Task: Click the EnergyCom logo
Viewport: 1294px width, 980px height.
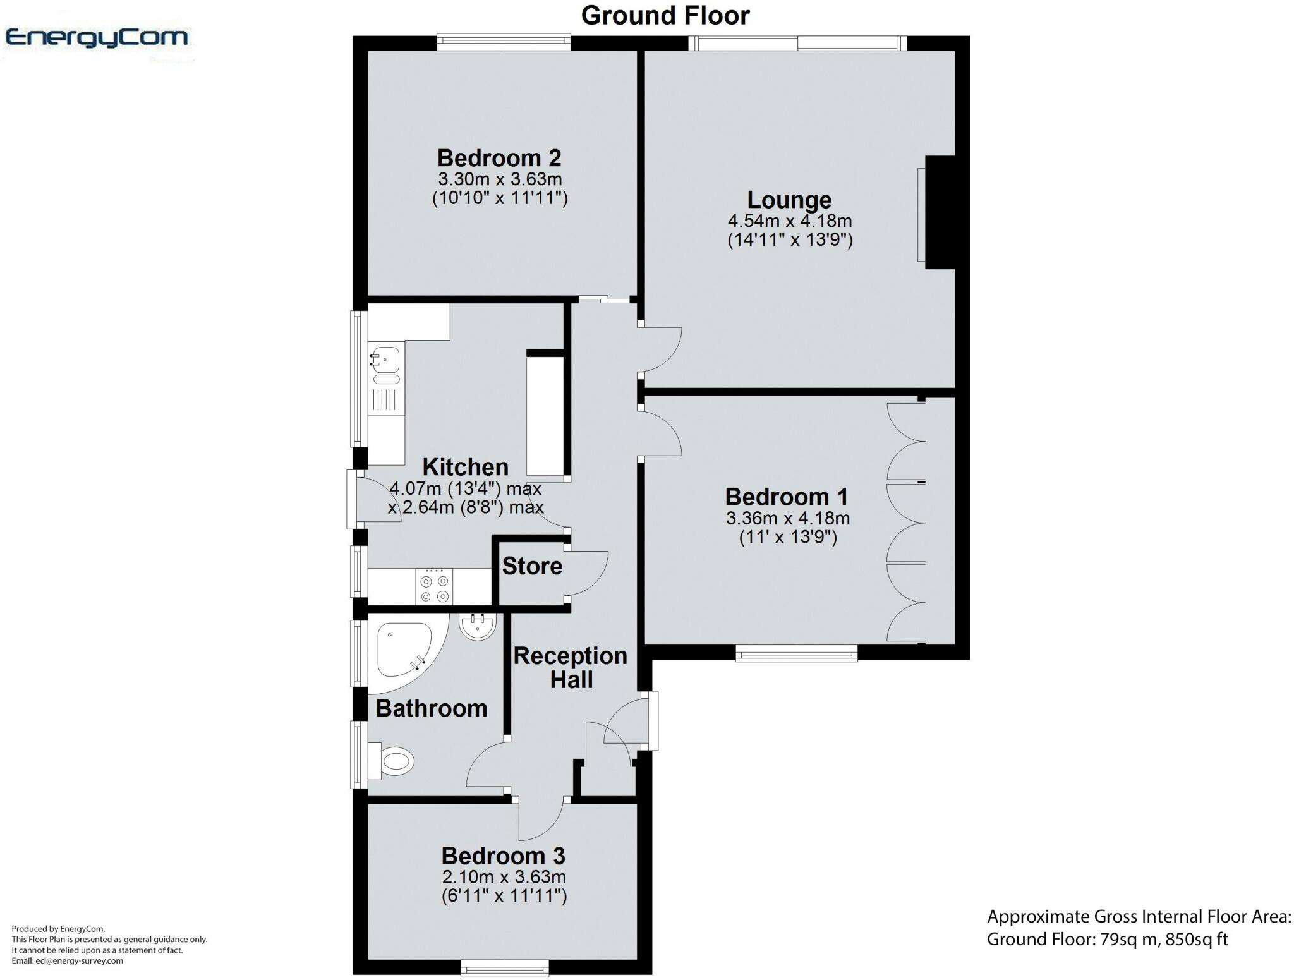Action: click(96, 38)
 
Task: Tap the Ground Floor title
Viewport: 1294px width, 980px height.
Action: click(665, 15)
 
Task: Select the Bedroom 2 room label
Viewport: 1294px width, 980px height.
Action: click(499, 157)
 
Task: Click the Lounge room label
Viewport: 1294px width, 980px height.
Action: click(789, 200)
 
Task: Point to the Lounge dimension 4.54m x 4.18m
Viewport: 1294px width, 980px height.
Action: click(790, 221)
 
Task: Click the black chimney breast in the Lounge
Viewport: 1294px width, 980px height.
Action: click(940, 212)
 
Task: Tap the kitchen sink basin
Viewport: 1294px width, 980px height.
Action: click(385, 360)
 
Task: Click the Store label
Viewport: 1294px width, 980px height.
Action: click(532, 566)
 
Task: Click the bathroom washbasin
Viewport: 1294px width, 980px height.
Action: click(478, 626)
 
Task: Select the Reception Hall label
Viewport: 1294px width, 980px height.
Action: click(571, 668)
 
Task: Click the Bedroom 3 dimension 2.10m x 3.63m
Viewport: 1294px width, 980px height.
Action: click(504, 877)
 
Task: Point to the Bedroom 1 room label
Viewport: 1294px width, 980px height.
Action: click(787, 497)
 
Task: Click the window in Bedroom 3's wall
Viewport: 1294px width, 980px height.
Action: click(505, 968)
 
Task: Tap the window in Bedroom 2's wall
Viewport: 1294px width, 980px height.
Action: click(504, 42)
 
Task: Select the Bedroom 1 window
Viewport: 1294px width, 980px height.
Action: click(797, 653)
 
